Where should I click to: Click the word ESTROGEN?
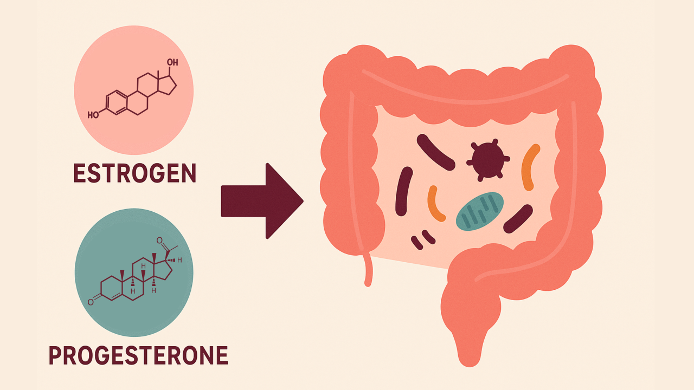[134, 173]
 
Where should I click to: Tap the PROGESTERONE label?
[138, 355]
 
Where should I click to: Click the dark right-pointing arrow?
[262, 200]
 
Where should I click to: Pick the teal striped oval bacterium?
[480, 211]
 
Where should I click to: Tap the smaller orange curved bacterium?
[435, 204]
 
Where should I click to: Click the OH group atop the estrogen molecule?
[172, 63]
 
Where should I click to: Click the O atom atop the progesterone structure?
[159, 240]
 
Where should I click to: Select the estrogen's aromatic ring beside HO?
[115, 103]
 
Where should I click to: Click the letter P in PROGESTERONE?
[55, 355]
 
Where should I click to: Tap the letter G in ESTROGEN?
[157, 173]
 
